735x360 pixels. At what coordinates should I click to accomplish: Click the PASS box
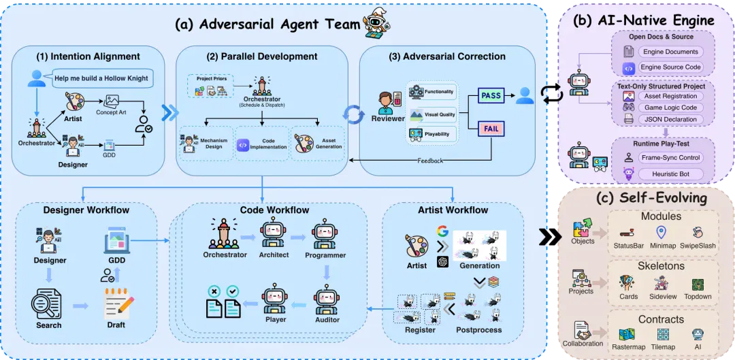pyautogui.click(x=490, y=96)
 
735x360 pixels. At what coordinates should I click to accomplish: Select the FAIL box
pyautogui.click(x=491, y=128)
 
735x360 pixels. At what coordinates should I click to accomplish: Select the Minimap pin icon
pyautogui.click(x=661, y=232)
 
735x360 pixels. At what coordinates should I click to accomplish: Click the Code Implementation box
pyautogui.click(x=262, y=144)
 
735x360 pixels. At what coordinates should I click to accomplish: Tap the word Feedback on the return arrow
pyautogui.click(x=431, y=161)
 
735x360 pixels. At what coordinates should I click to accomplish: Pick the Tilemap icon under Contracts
pyautogui.click(x=663, y=335)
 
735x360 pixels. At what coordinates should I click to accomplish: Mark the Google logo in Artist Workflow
pyautogui.click(x=442, y=231)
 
